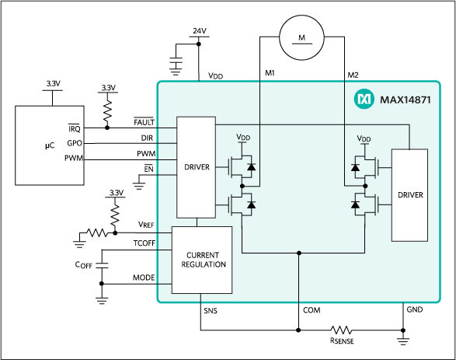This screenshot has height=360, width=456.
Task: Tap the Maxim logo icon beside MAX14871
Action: tap(364, 100)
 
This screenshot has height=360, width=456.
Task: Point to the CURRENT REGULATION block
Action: tap(201, 259)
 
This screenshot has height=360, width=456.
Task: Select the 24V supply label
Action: tap(200, 31)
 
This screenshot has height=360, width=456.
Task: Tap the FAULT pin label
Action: tap(144, 122)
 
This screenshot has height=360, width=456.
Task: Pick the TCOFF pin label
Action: tap(143, 244)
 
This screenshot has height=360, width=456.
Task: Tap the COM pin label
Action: tap(310, 310)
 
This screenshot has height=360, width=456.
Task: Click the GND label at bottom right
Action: tap(415, 310)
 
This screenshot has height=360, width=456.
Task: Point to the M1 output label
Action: tap(269, 74)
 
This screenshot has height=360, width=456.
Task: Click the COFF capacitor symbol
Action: tap(102, 264)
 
